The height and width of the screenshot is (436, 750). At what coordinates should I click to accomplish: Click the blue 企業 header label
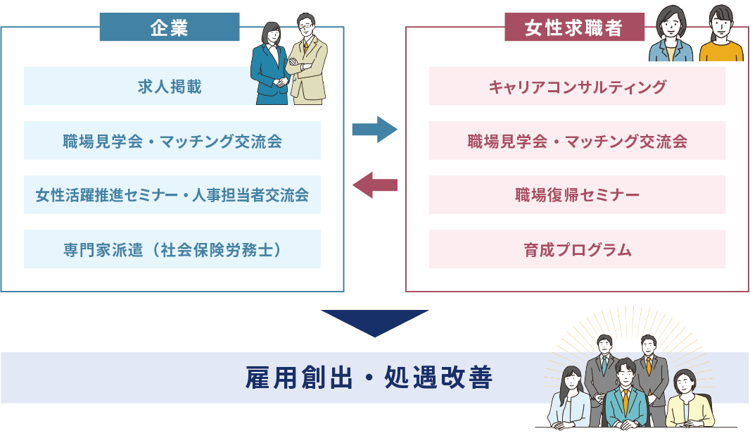coord(169,27)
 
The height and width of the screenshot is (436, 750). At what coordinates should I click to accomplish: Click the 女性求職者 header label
coord(574,27)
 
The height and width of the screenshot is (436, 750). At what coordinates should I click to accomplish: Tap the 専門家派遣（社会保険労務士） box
coord(172,249)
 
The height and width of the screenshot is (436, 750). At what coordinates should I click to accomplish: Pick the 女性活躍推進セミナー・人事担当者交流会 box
coord(172,194)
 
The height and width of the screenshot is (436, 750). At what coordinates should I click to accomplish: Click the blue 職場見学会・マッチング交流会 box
coord(172,140)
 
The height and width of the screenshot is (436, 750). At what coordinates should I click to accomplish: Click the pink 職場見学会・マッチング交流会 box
coord(577,140)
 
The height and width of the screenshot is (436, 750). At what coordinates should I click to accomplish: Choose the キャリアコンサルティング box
coord(577,86)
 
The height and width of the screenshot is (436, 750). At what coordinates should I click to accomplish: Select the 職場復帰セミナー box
coord(577,194)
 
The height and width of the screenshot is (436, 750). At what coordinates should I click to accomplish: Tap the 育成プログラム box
coord(577,249)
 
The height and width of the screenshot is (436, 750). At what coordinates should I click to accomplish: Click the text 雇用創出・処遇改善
coord(369,378)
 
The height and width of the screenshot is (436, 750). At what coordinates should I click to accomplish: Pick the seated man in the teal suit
coord(625,398)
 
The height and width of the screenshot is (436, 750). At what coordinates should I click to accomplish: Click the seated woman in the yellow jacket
coord(687,401)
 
